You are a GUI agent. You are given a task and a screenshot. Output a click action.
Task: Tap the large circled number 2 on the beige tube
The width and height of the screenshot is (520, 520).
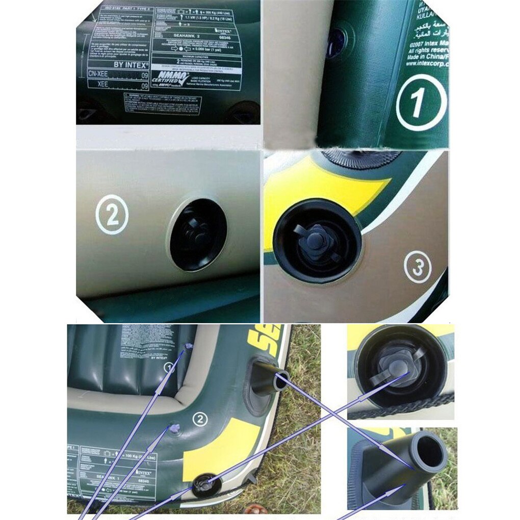(111, 214)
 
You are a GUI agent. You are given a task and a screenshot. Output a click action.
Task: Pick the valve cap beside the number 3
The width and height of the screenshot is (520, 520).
(318, 240)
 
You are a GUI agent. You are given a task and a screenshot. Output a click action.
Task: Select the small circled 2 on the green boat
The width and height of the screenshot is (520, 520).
(200, 419)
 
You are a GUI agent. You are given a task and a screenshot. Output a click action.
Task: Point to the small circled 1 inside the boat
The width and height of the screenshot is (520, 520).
(169, 367)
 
